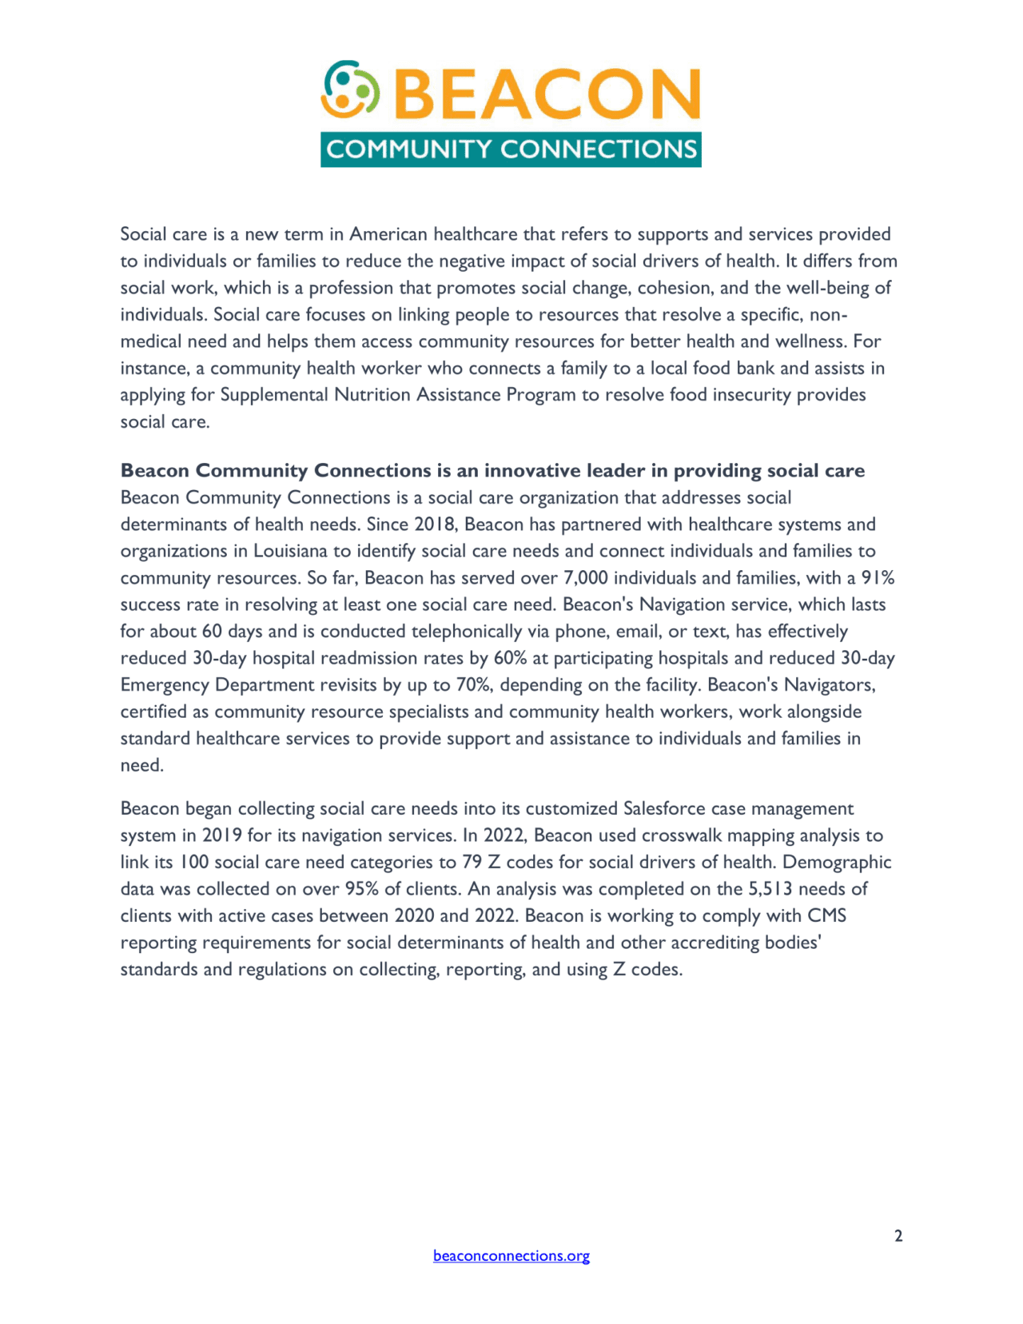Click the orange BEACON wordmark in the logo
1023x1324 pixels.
(x=547, y=94)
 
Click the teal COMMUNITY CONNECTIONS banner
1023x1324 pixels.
(x=511, y=150)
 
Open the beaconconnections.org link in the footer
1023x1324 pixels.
(x=511, y=1255)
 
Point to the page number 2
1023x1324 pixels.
(x=898, y=1236)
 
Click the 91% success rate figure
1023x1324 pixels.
(x=878, y=578)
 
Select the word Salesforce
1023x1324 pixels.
(x=664, y=808)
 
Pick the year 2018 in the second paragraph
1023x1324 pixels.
(x=435, y=524)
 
